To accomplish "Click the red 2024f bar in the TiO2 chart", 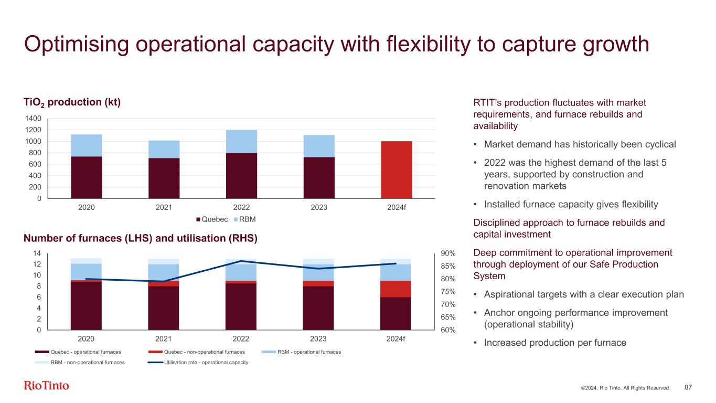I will click(x=396, y=169).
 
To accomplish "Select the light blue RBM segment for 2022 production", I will click(x=241, y=141).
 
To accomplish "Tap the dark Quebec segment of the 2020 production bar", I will click(x=87, y=177).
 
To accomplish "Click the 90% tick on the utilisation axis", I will click(x=447, y=253).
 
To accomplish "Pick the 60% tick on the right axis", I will click(x=447, y=330).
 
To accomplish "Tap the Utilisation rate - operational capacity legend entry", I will click(x=206, y=362).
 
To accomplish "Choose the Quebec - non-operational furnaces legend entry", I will click(x=204, y=352).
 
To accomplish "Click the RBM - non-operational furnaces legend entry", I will click(x=88, y=362).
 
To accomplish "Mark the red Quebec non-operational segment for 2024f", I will click(x=396, y=289).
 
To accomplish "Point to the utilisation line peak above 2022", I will click(x=241, y=261).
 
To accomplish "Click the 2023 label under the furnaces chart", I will click(x=318, y=338).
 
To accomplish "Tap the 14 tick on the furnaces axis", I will click(x=37, y=253).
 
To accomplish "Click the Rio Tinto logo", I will click(x=47, y=386).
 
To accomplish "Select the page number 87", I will click(x=688, y=387).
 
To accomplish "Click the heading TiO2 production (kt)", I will click(x=72, y=102).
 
